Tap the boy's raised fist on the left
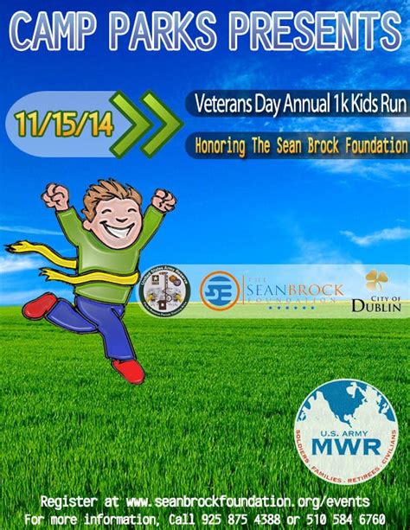tap(56, 196)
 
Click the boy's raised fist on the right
tap(163, 201)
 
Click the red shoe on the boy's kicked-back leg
tap(39, 305)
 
